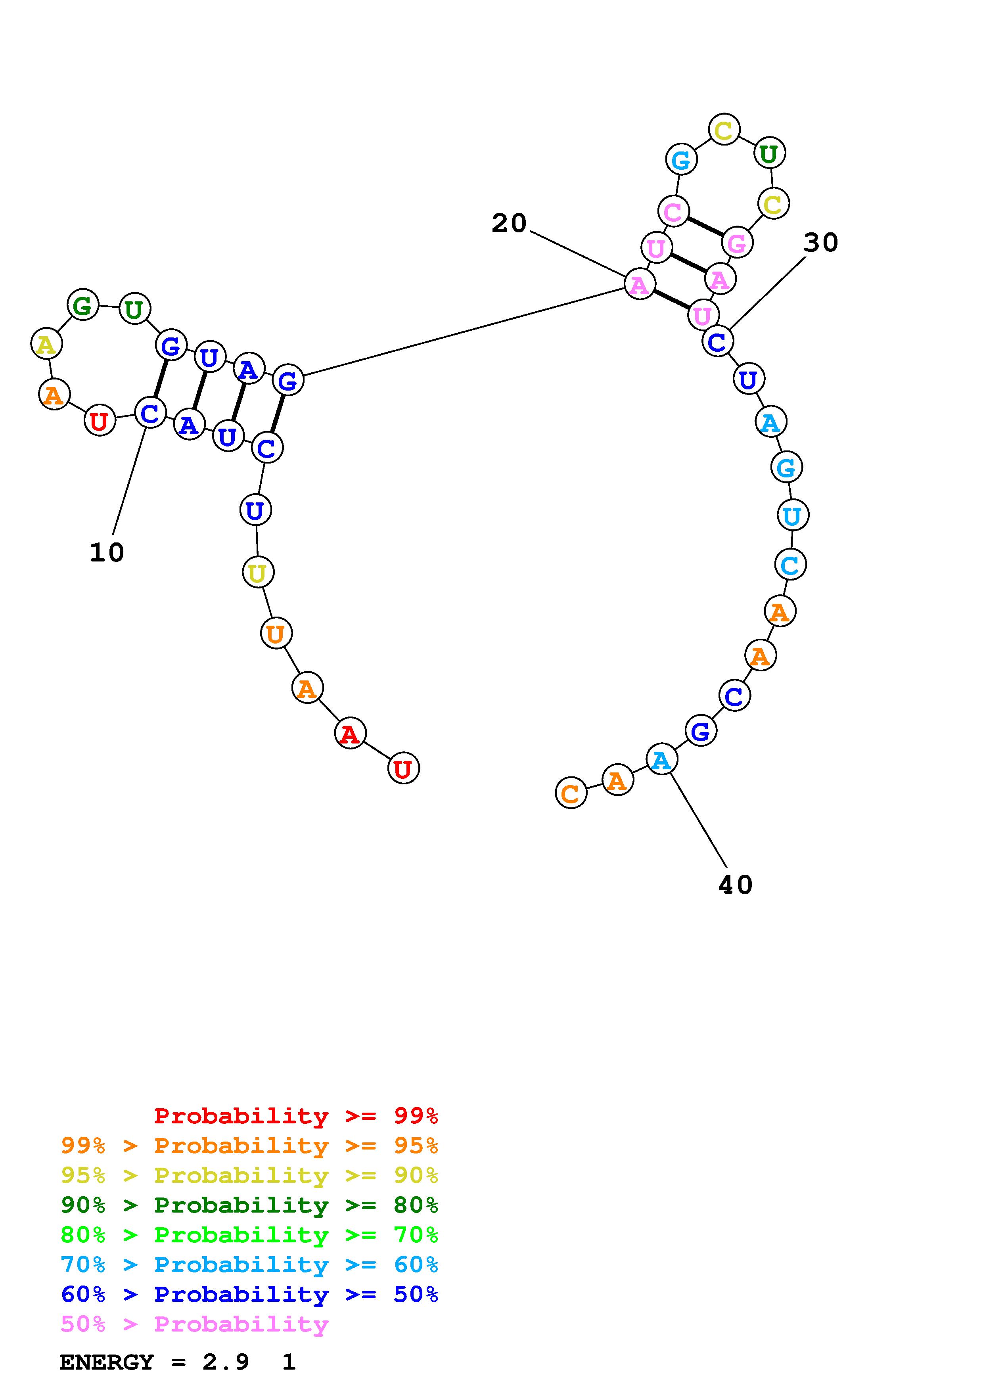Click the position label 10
[x=107, y=552]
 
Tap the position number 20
[x=509, y=224]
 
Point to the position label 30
[x=821, y=243]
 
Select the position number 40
[x=735, y=885]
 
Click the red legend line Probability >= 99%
[x=296, y=1116]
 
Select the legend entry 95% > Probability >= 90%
[x=249, y=1175]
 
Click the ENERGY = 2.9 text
[x=154, y=1362]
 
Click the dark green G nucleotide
[x=82, y=305]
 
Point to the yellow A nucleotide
[x=46, y=345]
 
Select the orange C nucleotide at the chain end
[x=571, y=793]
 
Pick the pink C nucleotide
[x=673, y=211]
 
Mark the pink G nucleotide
[x=736, y=243]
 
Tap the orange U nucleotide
[x=276, y=634]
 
